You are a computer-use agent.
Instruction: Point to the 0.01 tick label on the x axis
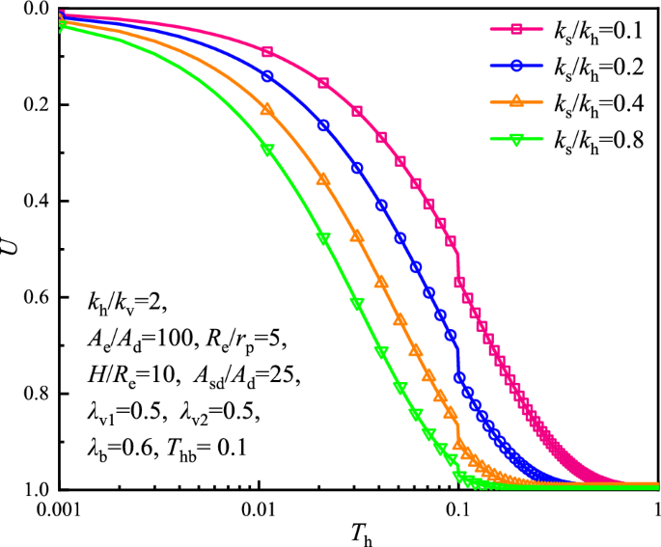259,511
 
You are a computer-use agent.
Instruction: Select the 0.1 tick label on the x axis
458,511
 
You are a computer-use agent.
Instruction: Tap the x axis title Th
358,533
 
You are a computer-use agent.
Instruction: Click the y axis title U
11,249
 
